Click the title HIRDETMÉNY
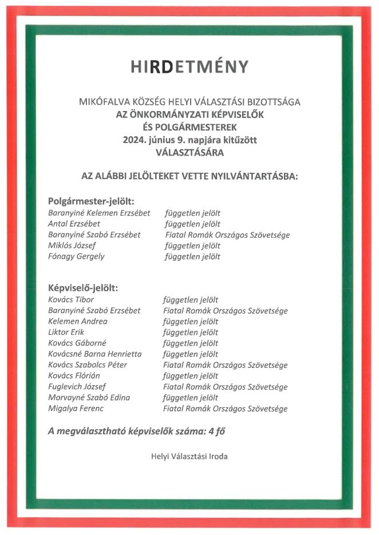pos(189,67)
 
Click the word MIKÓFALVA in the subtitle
pos(101,102)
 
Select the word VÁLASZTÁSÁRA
pos(189,153)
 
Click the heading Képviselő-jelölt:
pos(86,288)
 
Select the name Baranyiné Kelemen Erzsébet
pos(99,213)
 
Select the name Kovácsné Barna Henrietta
pos(94,354)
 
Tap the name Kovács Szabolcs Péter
pos(88,365)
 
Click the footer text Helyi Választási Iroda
pos(189,456)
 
